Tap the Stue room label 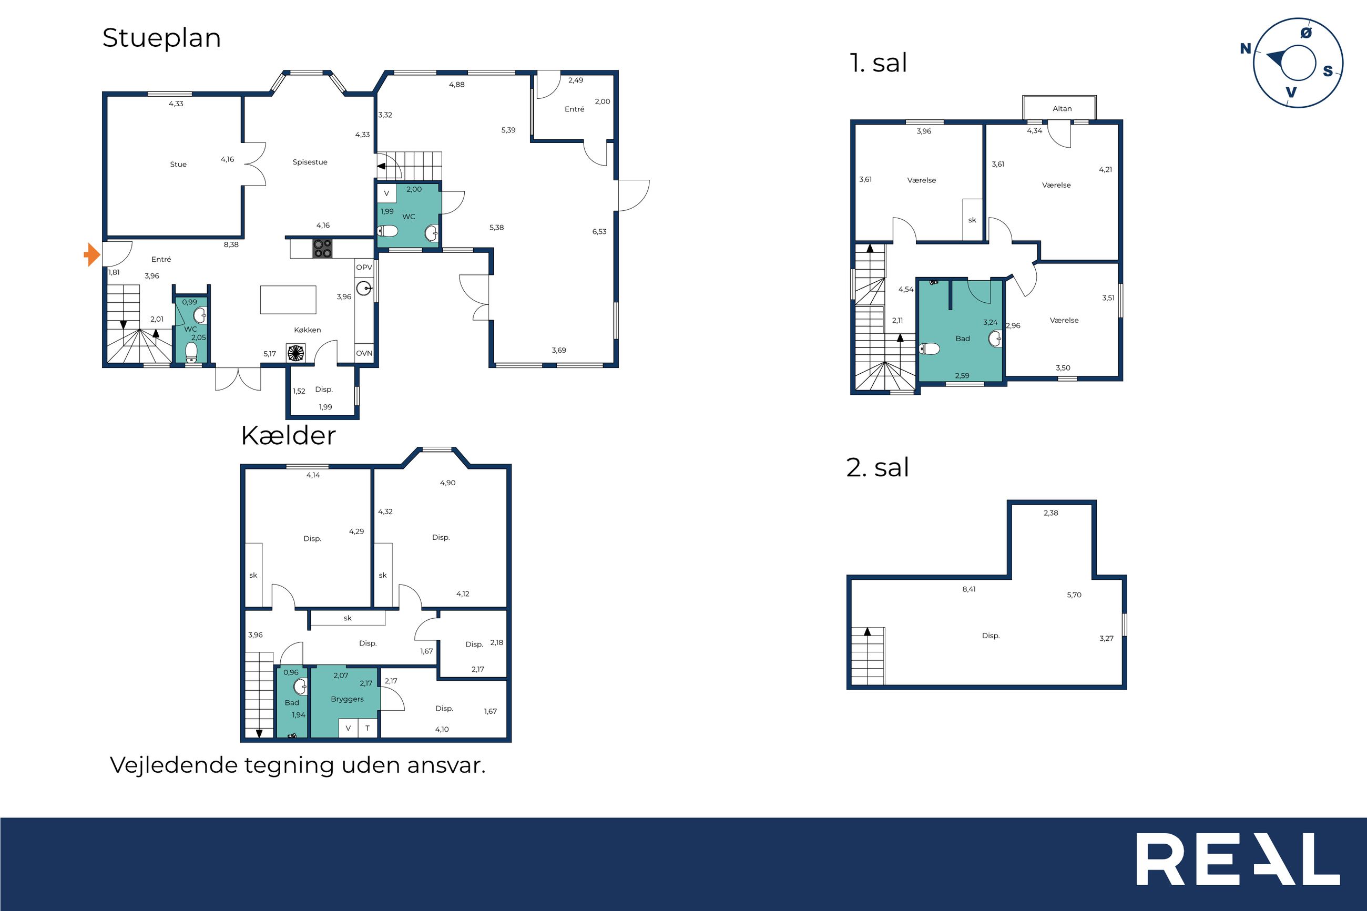coord(178,165)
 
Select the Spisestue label coord(310,162)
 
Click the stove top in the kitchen coord(322,249)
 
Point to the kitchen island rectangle coord(288,300)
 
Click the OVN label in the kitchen coord(364,353)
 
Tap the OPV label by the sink coord(364,267)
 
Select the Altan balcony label coord(1062,109)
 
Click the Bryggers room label coord(348,699)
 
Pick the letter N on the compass coord(1245,49)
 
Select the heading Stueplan coord(161,39)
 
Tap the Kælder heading coord(288,436)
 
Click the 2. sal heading coord(878,468)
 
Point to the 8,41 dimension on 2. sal coord(969,589)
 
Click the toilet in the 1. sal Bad coord(930,349)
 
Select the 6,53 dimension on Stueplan coord(599,232)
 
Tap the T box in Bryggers coord(367,728)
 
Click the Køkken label coord(308,330)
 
